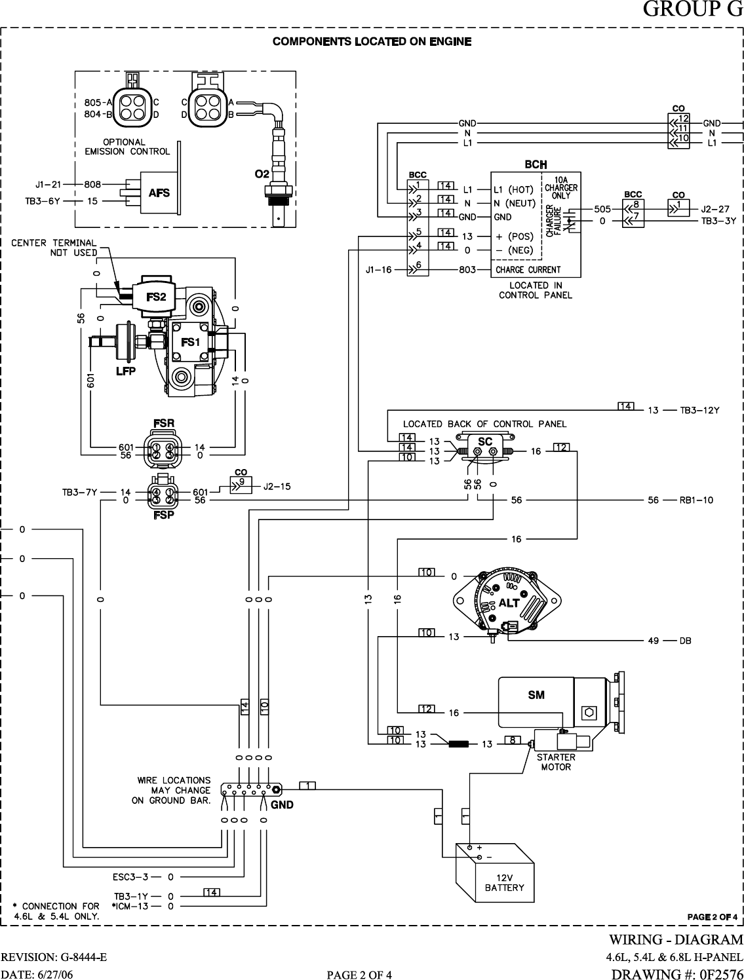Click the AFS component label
[x=159, y=193]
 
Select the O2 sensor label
[x=262, y=174]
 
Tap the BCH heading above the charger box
[x=536, y=164]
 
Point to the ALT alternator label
[x=509, y=603]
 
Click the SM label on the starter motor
[x=536, y=694]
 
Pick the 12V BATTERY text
[x=504, y=882]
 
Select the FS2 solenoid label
[x=156, y=297]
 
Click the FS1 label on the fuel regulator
[x=190, y=342]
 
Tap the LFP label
[x=125, y=371]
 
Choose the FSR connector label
[x=163, y=423]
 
